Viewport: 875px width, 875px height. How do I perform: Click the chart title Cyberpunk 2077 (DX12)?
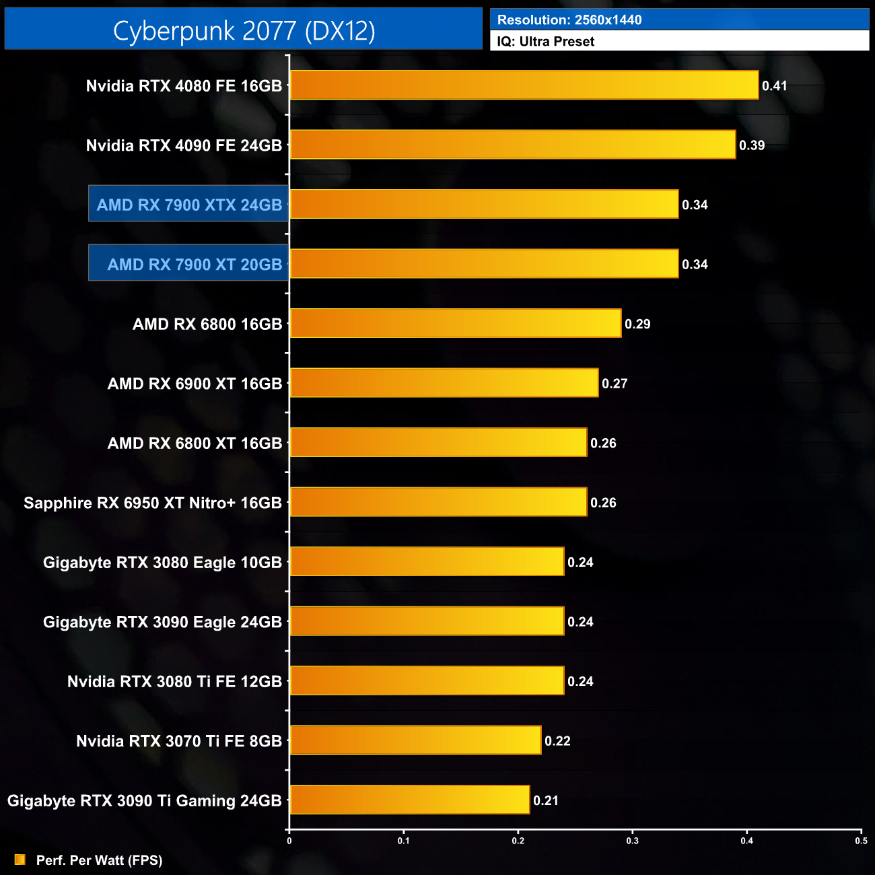click(244, 30)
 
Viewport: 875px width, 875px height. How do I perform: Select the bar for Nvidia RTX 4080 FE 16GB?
click(524, 85)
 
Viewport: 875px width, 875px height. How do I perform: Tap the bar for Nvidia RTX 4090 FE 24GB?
click(512, 145)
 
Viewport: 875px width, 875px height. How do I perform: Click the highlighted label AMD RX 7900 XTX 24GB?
click(189, 205)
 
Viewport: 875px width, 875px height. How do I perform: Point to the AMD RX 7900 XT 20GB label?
click(195, 264)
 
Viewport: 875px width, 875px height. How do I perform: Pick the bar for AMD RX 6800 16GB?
click(455, 324)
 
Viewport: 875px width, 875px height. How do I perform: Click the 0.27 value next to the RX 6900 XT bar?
click(615, 384)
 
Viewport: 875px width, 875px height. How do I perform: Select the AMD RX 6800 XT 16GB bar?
click(438, 443)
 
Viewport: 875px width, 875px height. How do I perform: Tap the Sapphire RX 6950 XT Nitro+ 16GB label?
click(153, 503)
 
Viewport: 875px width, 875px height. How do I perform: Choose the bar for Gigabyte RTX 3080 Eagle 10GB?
click(427, 562)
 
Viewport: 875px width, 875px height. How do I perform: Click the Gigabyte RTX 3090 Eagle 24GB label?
click(162, 622)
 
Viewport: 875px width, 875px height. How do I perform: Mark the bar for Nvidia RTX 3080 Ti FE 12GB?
click(427, 681)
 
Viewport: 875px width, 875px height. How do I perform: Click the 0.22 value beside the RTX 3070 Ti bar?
click(557, 741)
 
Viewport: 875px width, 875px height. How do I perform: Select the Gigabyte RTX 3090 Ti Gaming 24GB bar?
click(409, 800)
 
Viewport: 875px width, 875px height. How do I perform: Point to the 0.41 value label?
click(774, 85)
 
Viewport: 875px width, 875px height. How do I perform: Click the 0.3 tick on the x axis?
click(633, 841)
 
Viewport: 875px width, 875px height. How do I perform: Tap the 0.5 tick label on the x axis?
click(861, 841)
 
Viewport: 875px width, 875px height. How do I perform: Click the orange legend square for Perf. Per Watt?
click(20, 860)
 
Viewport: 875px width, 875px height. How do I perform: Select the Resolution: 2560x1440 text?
click(569, 20)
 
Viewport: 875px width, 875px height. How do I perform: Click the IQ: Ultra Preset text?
click(546, 42)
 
